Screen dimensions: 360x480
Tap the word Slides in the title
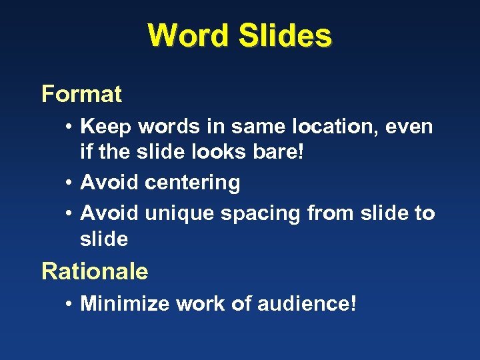point(285,35)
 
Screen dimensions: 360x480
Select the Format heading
point(81,94)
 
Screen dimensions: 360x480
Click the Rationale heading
point(95,271)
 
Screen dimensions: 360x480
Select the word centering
point(193,183)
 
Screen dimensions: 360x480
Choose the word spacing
point(259,213)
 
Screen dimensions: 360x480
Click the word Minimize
point(125,304)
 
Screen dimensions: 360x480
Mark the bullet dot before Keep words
point(69,127)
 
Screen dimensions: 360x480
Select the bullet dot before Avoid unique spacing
point(69,213)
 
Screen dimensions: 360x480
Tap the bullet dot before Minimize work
point(69,304)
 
